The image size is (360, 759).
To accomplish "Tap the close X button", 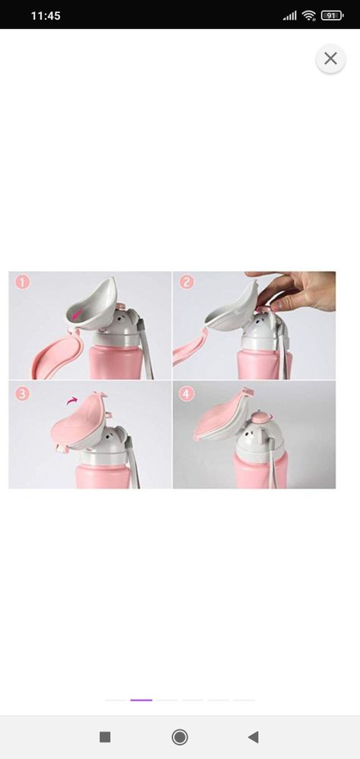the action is coord(330,58).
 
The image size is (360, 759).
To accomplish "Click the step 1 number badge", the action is coord(22,282).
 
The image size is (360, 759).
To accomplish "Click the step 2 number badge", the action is coord(187,282).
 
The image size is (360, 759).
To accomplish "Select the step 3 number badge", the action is coord(22,393).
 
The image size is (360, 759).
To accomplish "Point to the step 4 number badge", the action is coord(187,393).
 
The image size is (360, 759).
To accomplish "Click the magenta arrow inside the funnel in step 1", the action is coord(77,315).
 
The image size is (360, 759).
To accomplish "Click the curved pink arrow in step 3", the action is coord(71,400).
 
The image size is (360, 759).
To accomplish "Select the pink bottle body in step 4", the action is coord(261,471).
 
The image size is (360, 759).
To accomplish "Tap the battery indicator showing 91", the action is coord(332,15).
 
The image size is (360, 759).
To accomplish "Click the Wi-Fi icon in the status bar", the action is coord(308,15).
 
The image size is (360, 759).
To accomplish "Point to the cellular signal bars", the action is coord(289,16).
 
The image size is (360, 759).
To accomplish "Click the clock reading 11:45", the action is coord(46,15).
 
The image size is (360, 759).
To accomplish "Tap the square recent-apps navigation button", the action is coord(105,737).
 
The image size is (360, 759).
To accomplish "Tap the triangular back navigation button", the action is coord(253,737).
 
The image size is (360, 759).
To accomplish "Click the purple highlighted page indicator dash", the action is coord(141,700).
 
